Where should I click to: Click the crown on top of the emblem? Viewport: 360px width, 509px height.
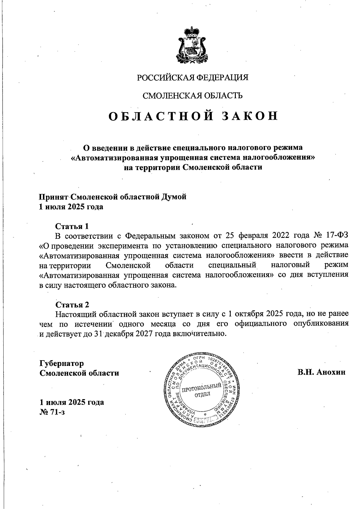[192, 31]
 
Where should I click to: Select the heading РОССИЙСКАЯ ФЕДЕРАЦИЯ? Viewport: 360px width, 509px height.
[193, 78]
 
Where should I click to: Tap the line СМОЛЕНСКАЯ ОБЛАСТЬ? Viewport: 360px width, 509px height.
[193, 96]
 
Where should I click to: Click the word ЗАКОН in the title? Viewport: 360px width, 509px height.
[250, 116]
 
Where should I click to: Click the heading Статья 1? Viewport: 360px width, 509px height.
[72, 226]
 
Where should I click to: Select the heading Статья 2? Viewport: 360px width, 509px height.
[72, 305]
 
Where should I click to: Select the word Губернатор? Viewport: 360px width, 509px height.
[62, 363]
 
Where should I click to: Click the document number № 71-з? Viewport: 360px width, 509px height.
[52, 412]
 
